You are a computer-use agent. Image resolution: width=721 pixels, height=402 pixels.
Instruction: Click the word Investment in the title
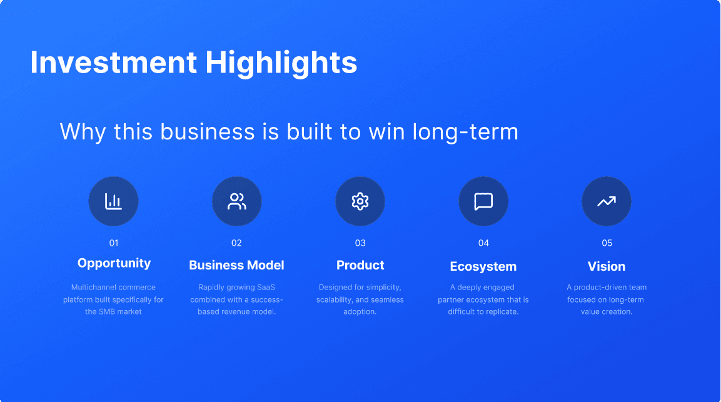[114, 63]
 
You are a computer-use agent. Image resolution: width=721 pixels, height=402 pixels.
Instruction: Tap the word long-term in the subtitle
[465, 133]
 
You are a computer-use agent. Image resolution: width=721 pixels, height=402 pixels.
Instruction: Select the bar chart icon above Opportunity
[113, 201]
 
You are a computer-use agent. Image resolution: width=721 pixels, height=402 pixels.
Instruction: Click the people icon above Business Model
[237, 201]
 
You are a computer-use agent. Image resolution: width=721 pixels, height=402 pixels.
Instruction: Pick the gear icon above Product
[360, 201]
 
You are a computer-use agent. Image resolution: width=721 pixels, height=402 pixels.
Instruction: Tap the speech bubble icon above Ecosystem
[483, 201]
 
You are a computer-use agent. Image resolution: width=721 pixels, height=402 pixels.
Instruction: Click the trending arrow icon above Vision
[607, 201]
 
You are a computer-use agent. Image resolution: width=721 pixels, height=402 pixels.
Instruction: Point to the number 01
[114, 243]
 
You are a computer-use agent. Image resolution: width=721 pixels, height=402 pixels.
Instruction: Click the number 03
[360, 243]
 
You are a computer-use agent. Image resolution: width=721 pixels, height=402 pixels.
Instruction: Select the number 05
[607, 243]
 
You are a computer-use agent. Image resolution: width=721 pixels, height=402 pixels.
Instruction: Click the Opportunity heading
[114, 264]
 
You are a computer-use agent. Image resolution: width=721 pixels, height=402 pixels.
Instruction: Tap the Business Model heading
[236, 265]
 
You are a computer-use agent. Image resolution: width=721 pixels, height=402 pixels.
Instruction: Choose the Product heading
[360, 265]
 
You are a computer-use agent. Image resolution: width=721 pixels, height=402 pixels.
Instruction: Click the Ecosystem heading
[483, 267]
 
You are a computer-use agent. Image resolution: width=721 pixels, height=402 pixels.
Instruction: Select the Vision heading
[607, 266]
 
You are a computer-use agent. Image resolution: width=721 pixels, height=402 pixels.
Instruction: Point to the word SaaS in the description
[266, 287]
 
